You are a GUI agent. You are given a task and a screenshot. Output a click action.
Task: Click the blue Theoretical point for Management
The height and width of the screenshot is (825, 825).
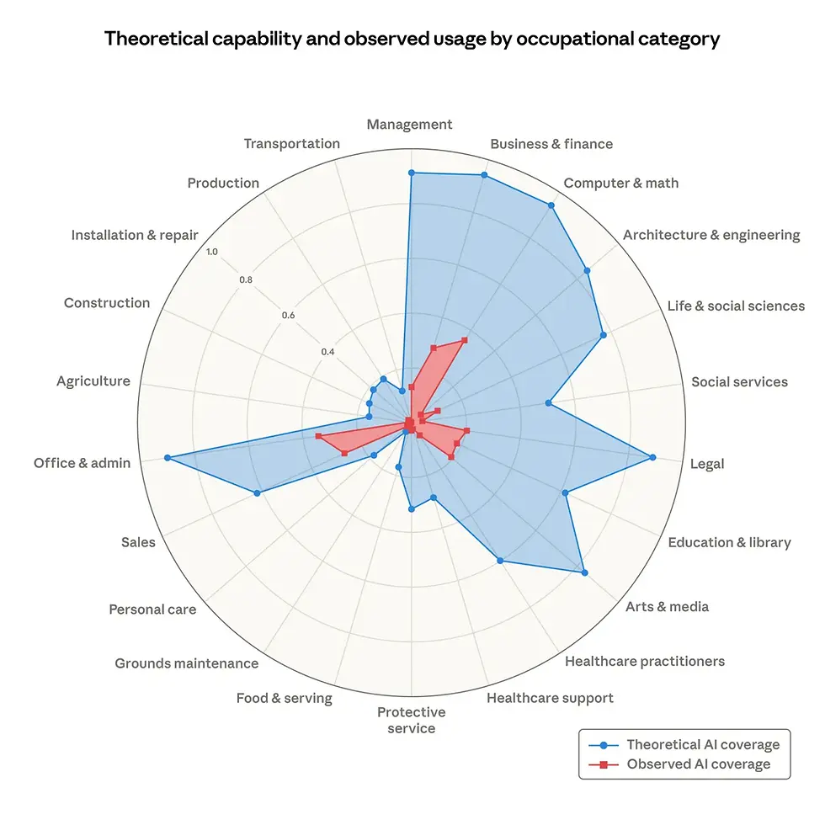click(x=412, y=173)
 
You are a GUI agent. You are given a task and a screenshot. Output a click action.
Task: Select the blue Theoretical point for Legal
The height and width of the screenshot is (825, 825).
click(x=652, y=457)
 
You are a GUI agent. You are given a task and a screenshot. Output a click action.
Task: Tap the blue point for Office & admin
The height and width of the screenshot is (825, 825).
click(x=168, y=457)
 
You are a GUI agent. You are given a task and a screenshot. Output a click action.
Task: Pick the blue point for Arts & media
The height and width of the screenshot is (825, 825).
click(x=584, y=572)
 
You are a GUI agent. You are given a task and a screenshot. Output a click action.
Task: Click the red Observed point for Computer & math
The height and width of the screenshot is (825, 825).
click(x=464, y=340)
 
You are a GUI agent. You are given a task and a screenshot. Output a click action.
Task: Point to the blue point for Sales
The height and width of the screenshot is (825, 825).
click(x=258, y=492)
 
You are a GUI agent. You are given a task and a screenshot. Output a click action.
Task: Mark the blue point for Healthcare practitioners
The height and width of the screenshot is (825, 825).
click(x=500, y=561)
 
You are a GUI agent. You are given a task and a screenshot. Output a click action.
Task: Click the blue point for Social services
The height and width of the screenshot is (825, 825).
click(x=549, y=403)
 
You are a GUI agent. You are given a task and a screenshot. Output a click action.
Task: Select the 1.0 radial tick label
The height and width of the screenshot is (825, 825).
click(x=210, y=252)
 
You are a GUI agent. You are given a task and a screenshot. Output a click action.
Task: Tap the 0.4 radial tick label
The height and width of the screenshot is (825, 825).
click(x=327, y=352)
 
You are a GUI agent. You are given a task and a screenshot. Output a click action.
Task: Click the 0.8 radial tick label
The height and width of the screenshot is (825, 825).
click(x=246, y=280)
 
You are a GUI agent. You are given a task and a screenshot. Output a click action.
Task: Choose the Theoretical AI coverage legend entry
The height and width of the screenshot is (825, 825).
click(x=703, y=744)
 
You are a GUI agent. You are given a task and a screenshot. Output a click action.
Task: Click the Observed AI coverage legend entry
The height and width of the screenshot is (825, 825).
click(x=698, y=764)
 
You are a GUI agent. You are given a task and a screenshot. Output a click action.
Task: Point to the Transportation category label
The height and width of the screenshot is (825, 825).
click(x=292, y=144)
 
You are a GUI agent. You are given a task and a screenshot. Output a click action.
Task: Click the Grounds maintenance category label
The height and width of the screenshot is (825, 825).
click(x=187, y=663)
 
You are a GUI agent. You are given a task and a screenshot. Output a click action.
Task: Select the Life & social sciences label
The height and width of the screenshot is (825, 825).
click(x=736, y=306)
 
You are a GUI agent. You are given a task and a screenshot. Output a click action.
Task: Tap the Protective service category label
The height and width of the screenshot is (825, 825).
click(x=412, y=720)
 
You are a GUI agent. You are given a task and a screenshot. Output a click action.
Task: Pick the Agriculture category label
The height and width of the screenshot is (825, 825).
click(x=93, y=381)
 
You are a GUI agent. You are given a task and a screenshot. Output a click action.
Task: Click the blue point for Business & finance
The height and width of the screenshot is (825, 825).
click(x=484, y=175)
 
